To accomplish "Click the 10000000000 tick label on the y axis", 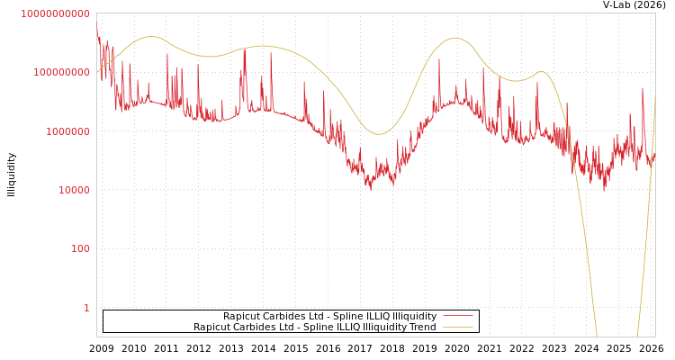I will [55, 13].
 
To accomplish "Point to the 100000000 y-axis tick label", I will [60, 72].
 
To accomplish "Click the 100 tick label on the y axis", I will [81, 248].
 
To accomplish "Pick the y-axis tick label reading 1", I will [86, 308].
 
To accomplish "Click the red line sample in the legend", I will [458, 317].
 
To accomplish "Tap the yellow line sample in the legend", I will [458, 328].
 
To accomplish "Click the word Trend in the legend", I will [422, 328].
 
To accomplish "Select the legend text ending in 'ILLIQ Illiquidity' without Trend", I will [329, 317].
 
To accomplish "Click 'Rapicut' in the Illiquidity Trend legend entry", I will [212, 328].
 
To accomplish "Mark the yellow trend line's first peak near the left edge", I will [150, 37].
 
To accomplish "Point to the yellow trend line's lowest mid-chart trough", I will [379, 134].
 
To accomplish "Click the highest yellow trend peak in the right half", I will [454, 38].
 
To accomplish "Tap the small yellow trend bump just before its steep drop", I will [541, 72].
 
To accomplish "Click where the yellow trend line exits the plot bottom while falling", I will [597, 336].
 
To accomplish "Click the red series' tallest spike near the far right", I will [643, 88].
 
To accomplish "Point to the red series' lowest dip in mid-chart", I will [371, 189].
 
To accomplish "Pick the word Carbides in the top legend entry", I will [287, 317].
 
